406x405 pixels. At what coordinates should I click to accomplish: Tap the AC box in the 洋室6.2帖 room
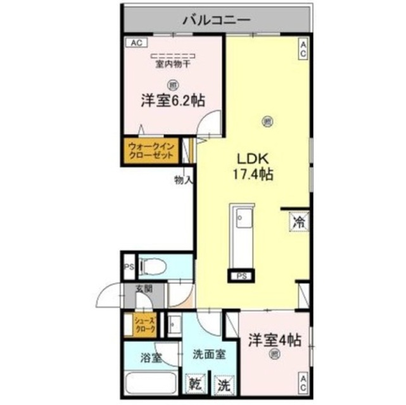point(136,43)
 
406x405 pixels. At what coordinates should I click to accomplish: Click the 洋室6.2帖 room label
point(172,99)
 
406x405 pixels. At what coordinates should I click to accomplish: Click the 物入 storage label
point(183,180)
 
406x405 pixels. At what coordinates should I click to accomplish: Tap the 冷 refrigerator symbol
point(300,222)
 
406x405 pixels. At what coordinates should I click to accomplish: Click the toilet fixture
point(154,266)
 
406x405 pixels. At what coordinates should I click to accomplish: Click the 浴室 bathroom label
point(151,357)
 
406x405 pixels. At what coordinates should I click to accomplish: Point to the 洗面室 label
point(209,355)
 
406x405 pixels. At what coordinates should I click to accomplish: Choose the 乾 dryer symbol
point(194,384)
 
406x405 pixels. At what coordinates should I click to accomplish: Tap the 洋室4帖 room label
point(274,340)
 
